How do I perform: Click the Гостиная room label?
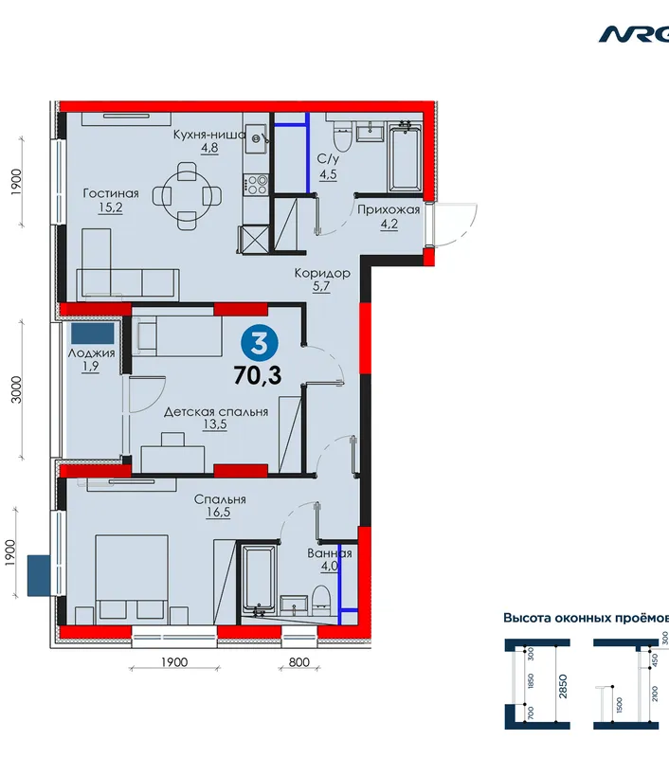point(111,193)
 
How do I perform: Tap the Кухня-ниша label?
point(209,135)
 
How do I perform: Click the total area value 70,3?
point(257,375)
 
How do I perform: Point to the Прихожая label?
point(389,209)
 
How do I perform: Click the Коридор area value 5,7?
point(321,286)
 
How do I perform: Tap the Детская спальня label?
point(216,412)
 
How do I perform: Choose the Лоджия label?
point(91,352)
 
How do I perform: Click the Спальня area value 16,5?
point(218,512)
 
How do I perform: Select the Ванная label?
point(330,553)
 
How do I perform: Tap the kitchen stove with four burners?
point(256,184)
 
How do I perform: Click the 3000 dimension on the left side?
point(17,389)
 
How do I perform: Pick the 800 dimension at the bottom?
point(299,661)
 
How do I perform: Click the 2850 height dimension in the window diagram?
point(563,686)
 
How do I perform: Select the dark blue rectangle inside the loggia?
point(93,334)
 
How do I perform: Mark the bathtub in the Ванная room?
point(259,580)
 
